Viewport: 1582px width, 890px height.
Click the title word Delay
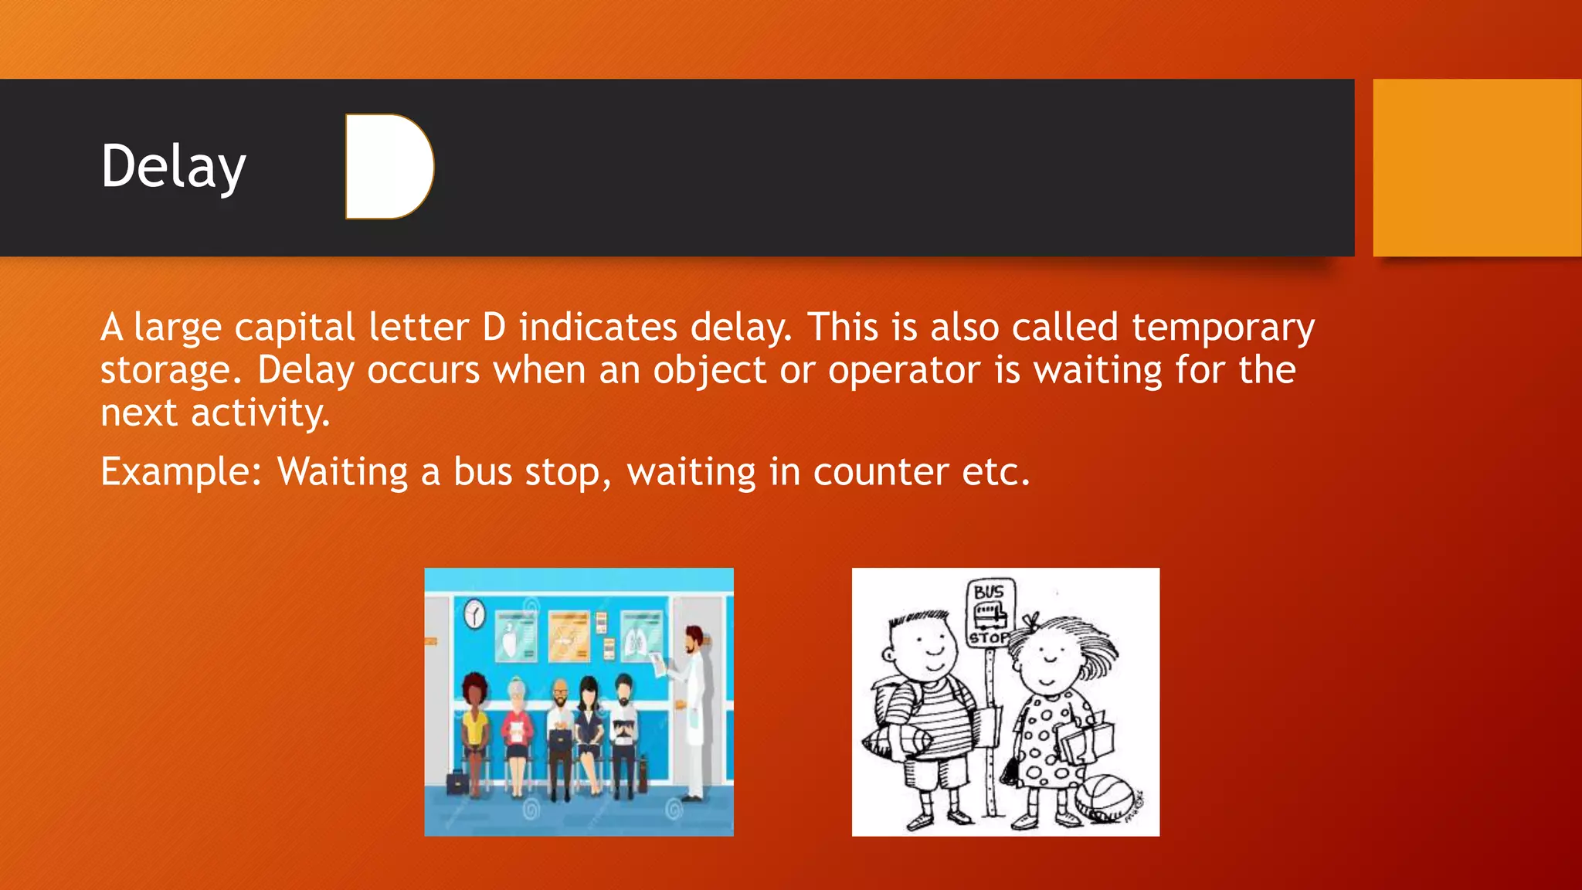click(x=173, y=167)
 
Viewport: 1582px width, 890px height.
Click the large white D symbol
click(x=389, y=166)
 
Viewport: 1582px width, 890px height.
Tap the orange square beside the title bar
click(x=1476, y=167)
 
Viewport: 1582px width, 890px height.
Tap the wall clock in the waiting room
click(x=474, y=613)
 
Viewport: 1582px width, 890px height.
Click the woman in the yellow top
click(x=475, y=726)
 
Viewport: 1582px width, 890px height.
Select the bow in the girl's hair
click(x=1030, y=620)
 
